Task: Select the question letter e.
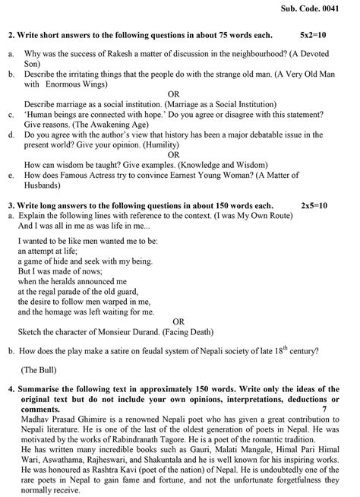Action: point(10,176)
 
